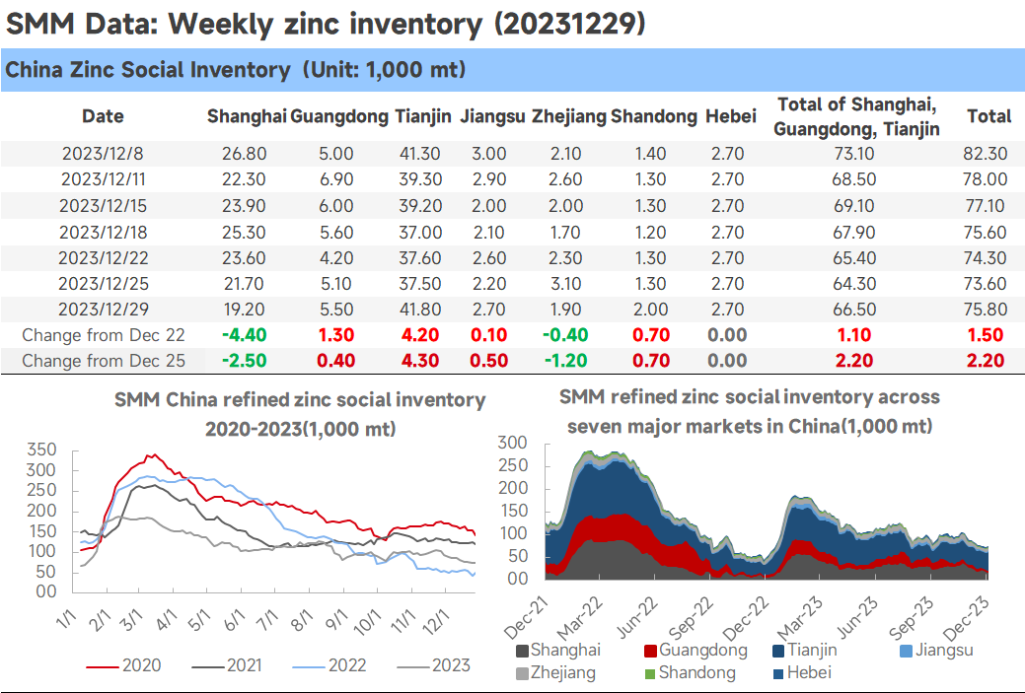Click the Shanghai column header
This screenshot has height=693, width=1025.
(247, 116)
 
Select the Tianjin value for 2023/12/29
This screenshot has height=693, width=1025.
(420, 309)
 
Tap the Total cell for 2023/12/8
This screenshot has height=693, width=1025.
(986, 154)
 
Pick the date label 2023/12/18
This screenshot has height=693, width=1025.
(104, 232)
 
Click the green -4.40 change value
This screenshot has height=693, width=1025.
(244, 335)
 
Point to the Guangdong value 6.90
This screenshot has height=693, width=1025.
(336, 179)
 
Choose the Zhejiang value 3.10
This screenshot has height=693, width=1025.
(565, 284)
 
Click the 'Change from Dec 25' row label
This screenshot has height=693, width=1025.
(104, 361)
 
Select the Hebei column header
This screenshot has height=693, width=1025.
(731, 116)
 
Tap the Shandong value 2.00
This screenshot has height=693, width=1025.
(650, 309)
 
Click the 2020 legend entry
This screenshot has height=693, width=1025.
(123, 665)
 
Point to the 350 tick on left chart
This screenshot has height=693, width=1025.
(41, 450)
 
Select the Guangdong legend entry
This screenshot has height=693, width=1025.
(696, 650)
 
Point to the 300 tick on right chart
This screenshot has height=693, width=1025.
(513, 443)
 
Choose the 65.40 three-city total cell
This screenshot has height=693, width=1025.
(854, 258)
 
